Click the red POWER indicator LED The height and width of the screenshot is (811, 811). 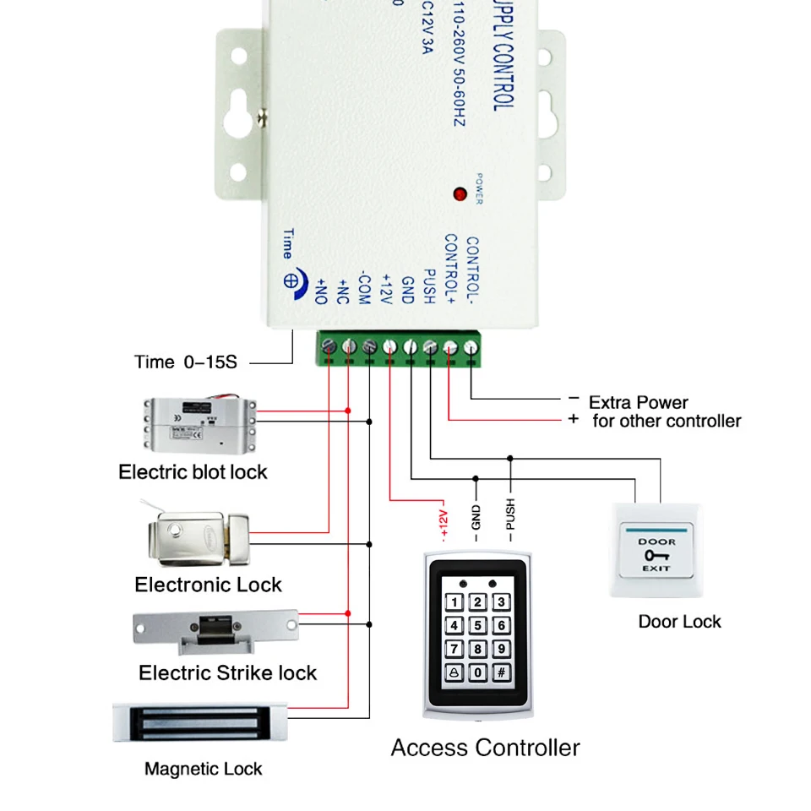pos(460,194)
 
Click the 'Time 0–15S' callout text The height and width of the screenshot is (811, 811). pos(186,362)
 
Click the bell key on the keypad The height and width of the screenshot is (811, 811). pos(454,673)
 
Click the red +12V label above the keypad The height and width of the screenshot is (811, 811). pos(444,522)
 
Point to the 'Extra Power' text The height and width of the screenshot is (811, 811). pos(639,402)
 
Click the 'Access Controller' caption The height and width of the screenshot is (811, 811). pos(485,748)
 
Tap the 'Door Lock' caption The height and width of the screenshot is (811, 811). pos(679,622)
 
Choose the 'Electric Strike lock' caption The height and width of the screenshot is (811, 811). pos(227,673)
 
